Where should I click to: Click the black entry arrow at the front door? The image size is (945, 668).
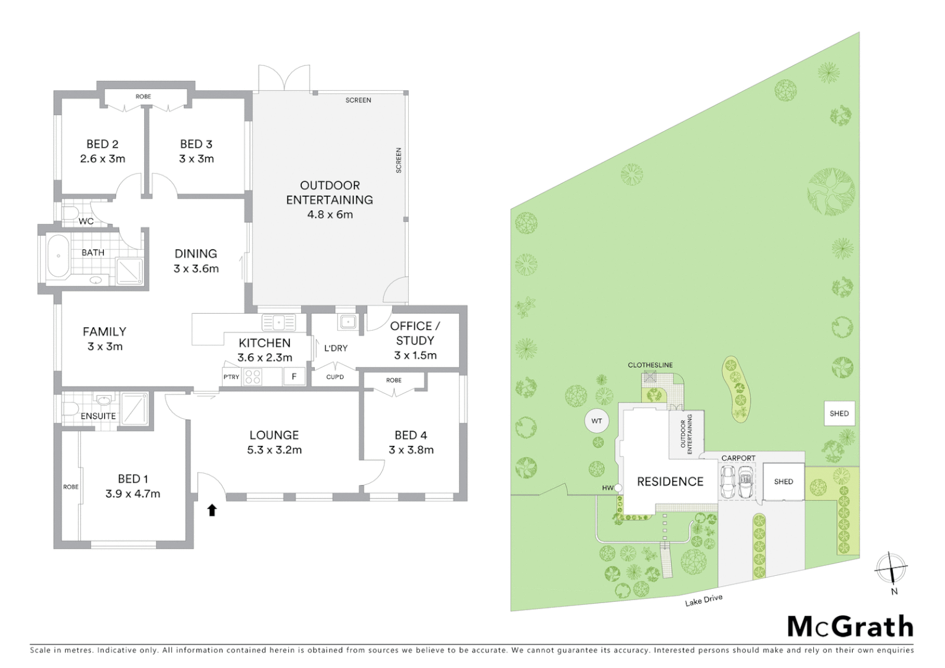point(212,510)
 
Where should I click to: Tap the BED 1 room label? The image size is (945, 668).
point(132,479)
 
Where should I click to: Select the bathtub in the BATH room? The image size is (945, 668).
point(59,255)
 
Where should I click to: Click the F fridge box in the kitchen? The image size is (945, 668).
point(294,376)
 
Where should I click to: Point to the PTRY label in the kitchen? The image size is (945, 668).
point(231,377)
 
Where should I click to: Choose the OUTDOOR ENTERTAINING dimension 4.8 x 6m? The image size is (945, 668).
point(330,215)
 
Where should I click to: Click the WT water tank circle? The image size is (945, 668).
point(596,421)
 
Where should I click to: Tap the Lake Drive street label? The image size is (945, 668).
point(703,600)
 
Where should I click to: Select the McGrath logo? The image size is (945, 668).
point(850,627)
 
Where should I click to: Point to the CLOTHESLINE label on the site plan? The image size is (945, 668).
point(650,365)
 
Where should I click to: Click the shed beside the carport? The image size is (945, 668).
point(783,481)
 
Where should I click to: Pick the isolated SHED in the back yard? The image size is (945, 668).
point(839,413)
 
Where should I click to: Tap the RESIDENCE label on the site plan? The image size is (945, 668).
point(670,481)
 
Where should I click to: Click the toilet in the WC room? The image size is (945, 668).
point(69,214)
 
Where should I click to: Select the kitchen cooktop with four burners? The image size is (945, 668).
point(252,376)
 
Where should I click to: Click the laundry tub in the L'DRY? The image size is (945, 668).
point(347,322)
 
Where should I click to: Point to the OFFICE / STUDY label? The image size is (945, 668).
point(415,333)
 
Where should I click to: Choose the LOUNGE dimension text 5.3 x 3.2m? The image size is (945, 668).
point(274,450)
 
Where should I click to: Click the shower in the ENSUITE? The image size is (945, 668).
point(135,408)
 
